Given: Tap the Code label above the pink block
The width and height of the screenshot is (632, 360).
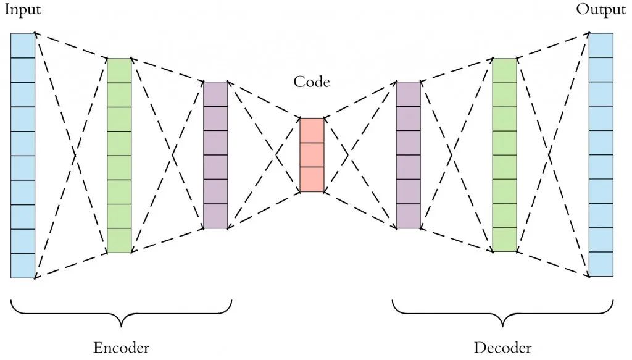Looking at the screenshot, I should coord(312,82).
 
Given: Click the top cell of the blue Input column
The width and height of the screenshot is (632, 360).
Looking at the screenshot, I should coord(23,45).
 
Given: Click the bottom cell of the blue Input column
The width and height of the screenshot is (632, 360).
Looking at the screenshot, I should coord(23,266).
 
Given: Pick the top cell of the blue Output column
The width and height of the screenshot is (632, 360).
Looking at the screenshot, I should coord(601,45).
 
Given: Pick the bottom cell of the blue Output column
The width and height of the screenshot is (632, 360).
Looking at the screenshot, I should coord(601,264).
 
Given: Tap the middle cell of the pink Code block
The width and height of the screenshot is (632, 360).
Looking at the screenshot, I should coord(312,155).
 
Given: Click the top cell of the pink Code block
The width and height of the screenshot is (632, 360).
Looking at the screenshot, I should coord(312,130).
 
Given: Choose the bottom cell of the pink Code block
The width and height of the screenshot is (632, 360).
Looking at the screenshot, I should coord(312,179).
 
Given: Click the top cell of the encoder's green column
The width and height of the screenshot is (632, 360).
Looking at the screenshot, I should coord(119,70).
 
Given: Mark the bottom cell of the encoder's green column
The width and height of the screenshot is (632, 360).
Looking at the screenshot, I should coord(119,240).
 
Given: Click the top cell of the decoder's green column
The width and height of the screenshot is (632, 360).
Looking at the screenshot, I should coord(504,70).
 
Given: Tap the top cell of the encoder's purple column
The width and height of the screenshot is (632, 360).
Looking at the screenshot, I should coord(215,94).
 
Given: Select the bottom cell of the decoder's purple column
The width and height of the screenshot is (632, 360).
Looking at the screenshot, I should coord(408,216).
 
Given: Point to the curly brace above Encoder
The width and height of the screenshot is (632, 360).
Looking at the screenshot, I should coord(121,312).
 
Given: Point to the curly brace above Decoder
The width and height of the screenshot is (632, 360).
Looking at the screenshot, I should coord(503,312).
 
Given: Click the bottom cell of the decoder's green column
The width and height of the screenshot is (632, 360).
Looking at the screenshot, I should coord(504,240).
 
